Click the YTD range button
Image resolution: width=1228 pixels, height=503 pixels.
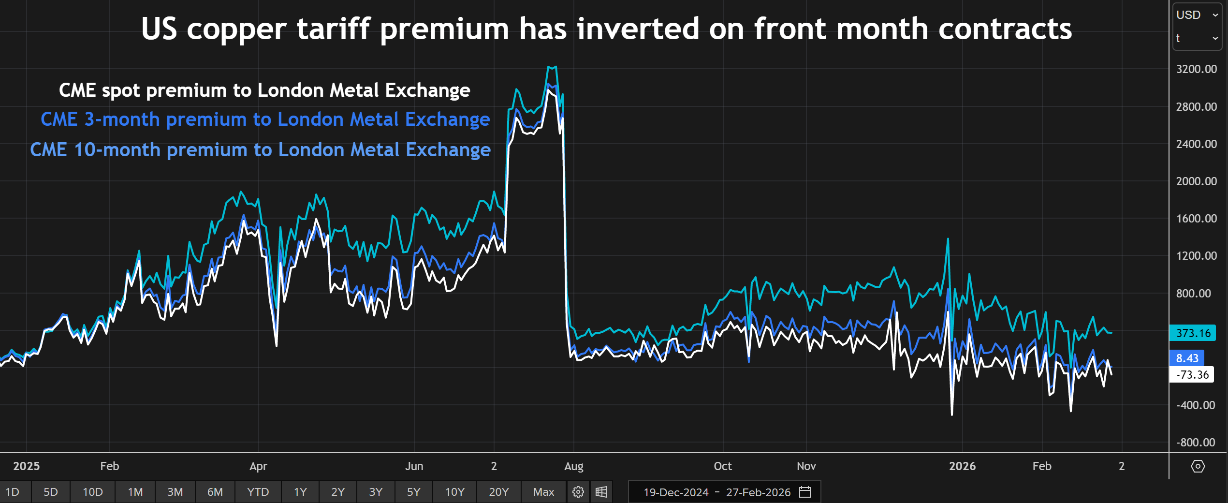pos(258,492)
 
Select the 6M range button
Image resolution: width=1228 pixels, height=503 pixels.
pos(215,492)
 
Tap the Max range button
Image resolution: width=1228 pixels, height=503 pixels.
pos(543,492)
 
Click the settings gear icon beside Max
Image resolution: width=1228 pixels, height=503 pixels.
pos(578,492)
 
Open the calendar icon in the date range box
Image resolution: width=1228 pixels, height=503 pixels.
pos(805,492)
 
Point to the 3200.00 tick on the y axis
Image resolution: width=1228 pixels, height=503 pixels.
pos(1196,69)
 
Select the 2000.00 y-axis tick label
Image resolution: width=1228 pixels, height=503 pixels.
pos(1196,181)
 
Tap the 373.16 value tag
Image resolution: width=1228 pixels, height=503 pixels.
pos(1193,333)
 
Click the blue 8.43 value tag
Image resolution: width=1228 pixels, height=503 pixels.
pos(1187,358)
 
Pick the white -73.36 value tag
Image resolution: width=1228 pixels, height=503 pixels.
pos(1192,375)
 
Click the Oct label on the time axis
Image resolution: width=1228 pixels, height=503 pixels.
pos(722,466)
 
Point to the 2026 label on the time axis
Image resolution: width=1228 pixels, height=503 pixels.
pos(962,466)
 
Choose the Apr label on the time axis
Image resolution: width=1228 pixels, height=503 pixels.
pos(258,466)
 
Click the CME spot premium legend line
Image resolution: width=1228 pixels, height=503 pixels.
pos(264,90)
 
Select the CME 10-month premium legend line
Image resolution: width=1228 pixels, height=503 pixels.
pos(260,150)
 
